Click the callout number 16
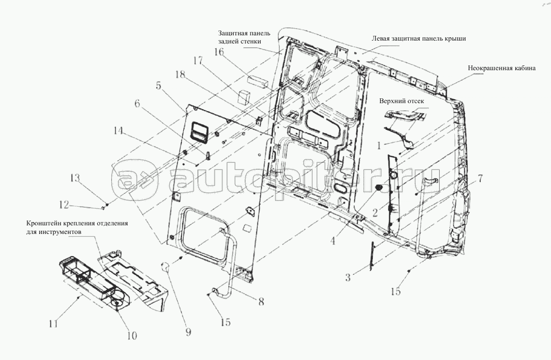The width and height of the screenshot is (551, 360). (219, 52)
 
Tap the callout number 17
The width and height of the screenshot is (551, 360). (198, 61)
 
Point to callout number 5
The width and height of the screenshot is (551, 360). (159, 85)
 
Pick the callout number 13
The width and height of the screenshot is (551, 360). (75, 178)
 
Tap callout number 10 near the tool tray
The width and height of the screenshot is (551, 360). (132, 336)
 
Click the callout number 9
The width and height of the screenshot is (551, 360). (188, 332)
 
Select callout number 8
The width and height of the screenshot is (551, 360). (261, 302)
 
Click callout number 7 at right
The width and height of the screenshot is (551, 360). (480, 179)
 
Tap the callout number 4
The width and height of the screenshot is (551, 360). (333, 241)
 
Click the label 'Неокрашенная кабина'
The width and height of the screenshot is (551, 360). (501, 68)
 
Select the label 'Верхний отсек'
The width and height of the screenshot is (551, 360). (402, 101)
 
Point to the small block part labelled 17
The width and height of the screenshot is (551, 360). (244, 96)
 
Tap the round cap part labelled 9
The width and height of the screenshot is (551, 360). (165, 267)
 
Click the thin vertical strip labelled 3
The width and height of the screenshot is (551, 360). (371, 255)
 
